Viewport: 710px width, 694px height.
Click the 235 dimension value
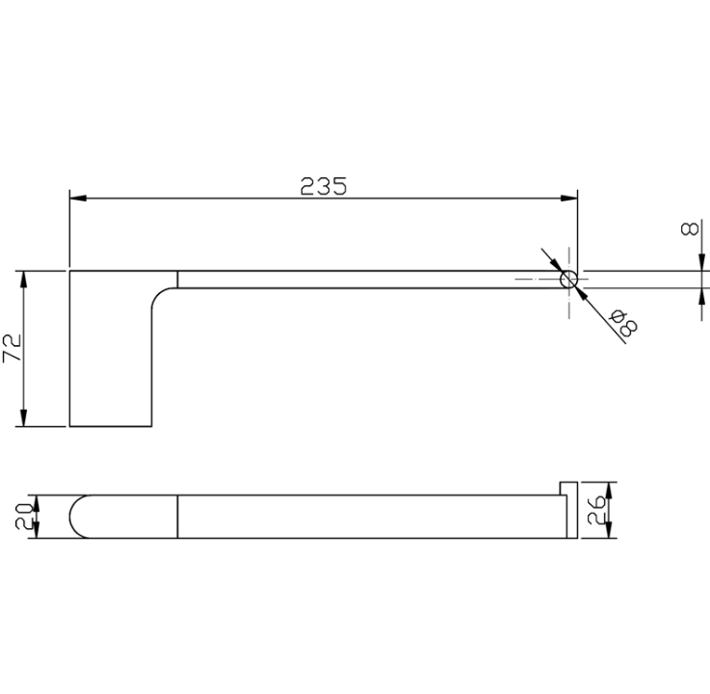pyautogui.click(x=324, y=186)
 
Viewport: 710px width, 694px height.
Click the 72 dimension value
pyautogui.click(x=13, y=348)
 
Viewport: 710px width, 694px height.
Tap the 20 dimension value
pyautogui.click(x=23, y=517)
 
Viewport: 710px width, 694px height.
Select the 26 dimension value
pyautogui.click(x=595, y=510)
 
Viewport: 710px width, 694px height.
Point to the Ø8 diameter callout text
pyautogui.click(x=623, y=322)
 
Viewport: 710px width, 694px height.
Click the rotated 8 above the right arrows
pyautogui.click(x=689, y=229)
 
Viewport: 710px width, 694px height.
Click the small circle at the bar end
pyautogui.click(x=568, y=280)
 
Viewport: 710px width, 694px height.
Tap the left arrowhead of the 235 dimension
pyautogui.click(x=78, y=199)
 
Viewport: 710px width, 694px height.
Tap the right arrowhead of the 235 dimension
pyautogui.click(x=569, y=199)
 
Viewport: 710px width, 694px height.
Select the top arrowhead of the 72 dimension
pyautogui.click(x=23, y=280)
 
